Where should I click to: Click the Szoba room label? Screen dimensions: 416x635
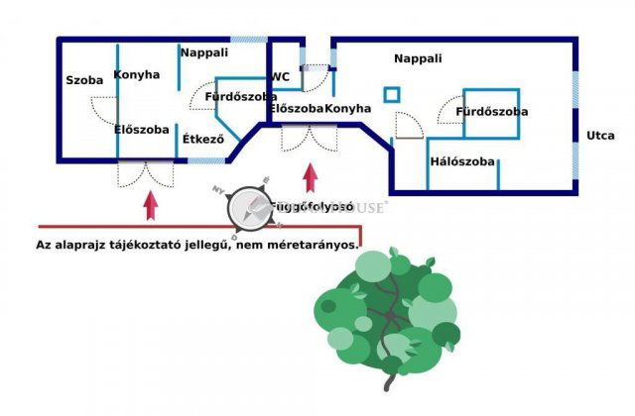[84, 80]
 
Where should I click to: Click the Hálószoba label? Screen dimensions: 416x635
[462, 161]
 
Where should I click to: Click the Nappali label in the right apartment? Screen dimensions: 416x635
[418, 58]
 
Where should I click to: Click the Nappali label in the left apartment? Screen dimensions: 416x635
[204, 52]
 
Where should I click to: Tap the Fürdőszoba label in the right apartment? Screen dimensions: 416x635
[491, 112]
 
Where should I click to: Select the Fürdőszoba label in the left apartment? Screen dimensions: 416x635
[240, 96]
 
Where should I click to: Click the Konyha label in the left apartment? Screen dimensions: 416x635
[137, 74]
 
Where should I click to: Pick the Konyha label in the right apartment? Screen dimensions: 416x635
[348, 108]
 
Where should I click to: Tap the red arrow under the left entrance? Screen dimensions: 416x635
[151, 205]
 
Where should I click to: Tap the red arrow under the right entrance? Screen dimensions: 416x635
[310, 177]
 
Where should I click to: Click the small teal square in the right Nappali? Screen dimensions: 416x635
[392, 95]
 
